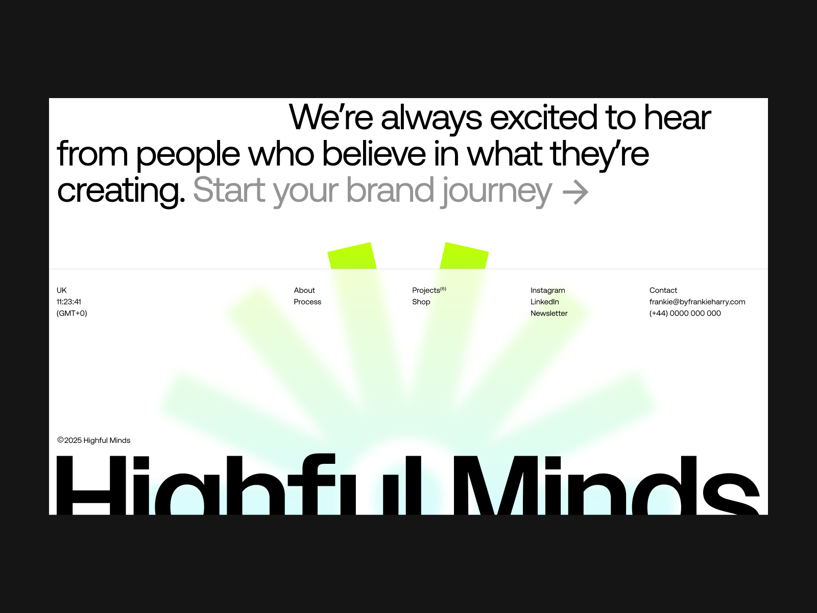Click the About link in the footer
[304, 290]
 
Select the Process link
[307, 302]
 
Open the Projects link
[429, 290]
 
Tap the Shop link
[421, 302]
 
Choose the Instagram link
[547, 290]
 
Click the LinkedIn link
[544, 302]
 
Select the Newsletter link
[549, 313]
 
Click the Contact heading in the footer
[663, 290]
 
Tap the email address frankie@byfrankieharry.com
[697, 302]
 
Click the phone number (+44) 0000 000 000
[685, 313]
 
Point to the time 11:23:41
[68, 302]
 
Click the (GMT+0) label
[72, 313]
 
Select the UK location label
[61, 290]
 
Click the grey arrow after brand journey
[575, 193]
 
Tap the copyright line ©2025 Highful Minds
[94, 440]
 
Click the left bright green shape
[352, 256]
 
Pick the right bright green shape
[464, 256]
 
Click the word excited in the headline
[544, 117]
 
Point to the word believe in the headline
[374, 154]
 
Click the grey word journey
[496, 192]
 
